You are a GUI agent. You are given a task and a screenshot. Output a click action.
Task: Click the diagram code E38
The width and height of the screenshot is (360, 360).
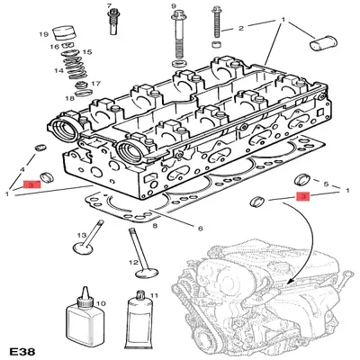25,346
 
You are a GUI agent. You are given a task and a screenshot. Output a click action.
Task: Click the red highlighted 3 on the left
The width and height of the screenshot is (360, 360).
31,184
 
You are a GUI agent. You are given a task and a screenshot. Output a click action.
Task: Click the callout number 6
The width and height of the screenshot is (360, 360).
200,227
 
